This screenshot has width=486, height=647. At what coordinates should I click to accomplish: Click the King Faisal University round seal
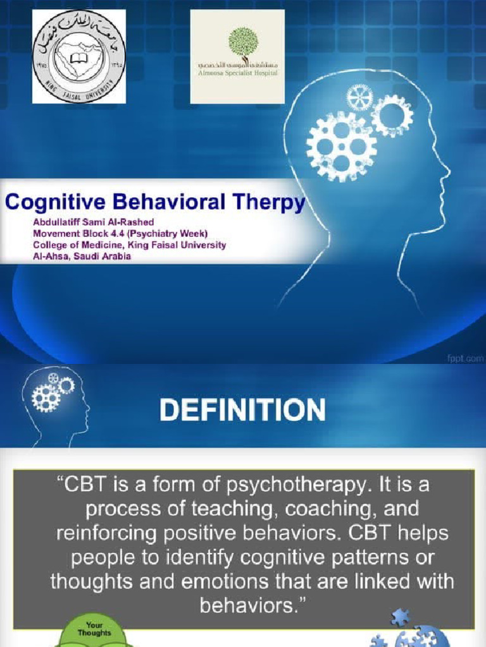pos(79,56)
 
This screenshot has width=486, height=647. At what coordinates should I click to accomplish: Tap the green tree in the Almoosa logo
pos(243,42)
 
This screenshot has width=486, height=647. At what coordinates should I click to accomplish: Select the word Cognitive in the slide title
pos(50,203)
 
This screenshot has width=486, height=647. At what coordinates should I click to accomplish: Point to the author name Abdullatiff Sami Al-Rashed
pos(94,222)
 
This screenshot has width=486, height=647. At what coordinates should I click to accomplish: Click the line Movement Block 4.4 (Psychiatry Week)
pos(120,234)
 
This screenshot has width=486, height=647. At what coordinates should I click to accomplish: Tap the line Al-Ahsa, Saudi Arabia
pos(82,257)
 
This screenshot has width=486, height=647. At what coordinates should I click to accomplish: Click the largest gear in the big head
pos(341,146)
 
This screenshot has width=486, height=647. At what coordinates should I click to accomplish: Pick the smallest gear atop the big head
pos(359,97)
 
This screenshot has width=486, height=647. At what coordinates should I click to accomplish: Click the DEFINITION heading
pos(242,409)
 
